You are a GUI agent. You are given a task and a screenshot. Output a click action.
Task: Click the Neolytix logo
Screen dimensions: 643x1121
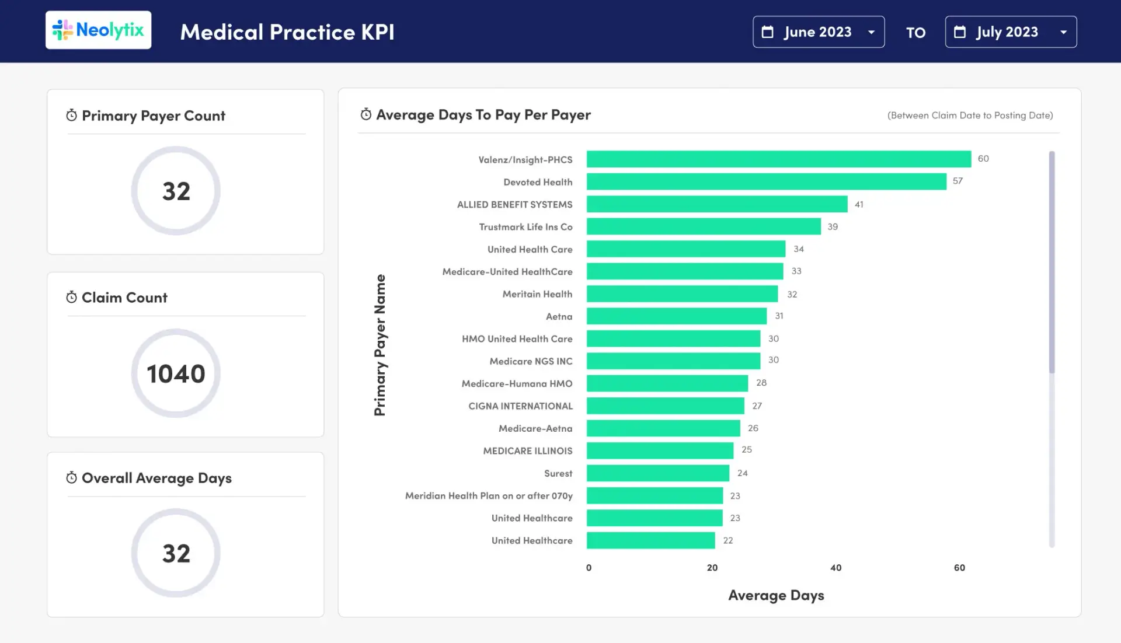pyautogui.click(x=98, y=30)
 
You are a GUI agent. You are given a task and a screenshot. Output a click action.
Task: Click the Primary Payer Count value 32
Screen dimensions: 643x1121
pyautogui.click(x=176, y=191)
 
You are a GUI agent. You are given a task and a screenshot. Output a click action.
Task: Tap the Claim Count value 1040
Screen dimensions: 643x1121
pyautogui.click(x=176, y=373)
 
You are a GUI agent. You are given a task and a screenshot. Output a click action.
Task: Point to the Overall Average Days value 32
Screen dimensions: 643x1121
pyautogui.click(x=176, y=553)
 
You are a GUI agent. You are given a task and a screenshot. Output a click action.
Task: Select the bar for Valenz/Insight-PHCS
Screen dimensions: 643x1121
pyautogui.click(x=778, y=159)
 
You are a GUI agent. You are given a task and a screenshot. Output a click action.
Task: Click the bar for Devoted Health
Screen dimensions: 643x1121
pyautogui.click(x=766, y=181)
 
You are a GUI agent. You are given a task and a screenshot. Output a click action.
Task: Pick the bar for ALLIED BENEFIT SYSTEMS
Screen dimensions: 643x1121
pyautogui.click(x=716, y=204)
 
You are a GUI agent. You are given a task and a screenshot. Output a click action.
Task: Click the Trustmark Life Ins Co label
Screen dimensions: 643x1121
pyautogui.click(x=525, y=227)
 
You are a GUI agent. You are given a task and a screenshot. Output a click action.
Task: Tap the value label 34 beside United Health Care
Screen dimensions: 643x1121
pyautogui.click(x=798, y=249)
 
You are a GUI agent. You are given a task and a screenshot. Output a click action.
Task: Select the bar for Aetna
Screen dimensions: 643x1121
pyautogui.click(x=676, y=316)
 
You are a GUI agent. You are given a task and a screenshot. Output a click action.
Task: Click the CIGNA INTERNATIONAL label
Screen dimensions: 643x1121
pyautogui.click(x=520, y=406)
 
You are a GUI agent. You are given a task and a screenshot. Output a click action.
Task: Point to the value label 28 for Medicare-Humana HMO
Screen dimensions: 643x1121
pyautogui.click(x=761, y=383)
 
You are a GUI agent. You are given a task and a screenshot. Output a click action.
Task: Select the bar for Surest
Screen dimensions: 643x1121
pyautogui.click(x=657, y=473)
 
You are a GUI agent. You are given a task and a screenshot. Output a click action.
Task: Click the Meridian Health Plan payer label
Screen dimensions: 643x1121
pyautogui.click(x=489, y=496)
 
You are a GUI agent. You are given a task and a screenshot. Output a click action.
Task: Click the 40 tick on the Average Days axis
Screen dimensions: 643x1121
pyautogui.click(x=835, y=568)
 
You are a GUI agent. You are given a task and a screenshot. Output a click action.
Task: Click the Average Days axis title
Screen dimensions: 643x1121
pyautogui.click(x=776, y=595)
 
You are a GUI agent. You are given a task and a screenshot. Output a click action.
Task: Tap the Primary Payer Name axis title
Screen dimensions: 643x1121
pyautogui.click(x=380, y=345)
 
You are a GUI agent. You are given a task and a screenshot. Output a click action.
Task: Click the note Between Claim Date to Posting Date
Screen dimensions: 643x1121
pyautogui.click(x=970, y=116)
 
